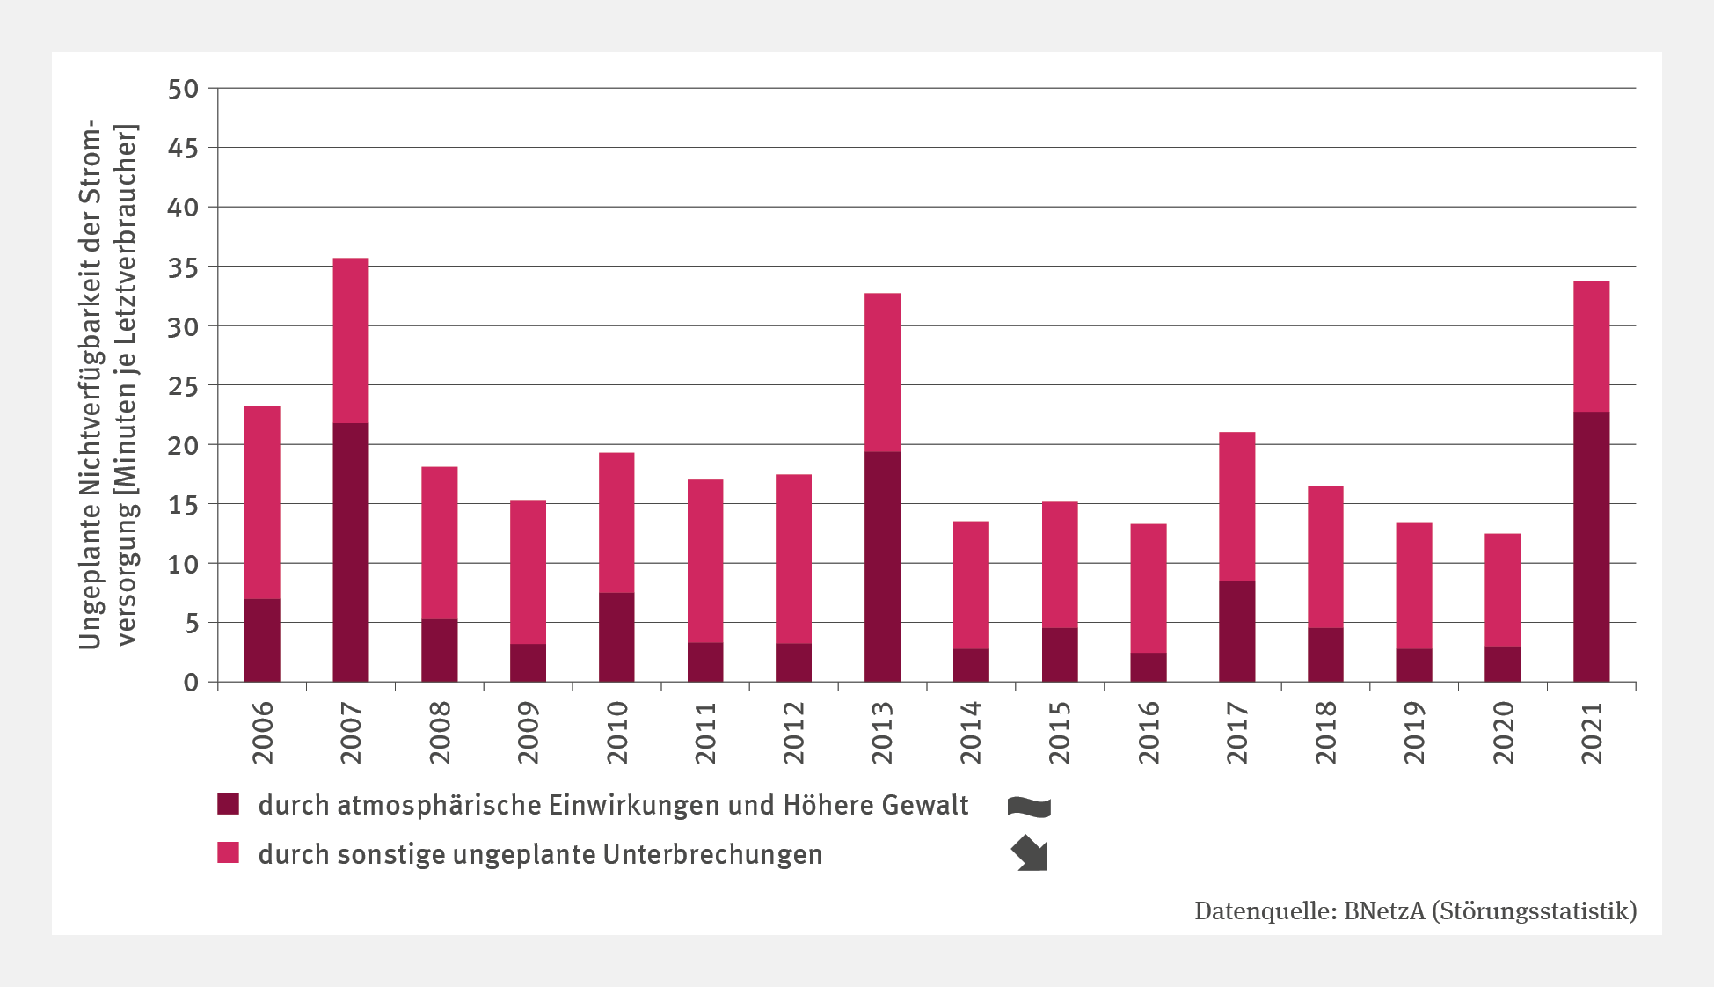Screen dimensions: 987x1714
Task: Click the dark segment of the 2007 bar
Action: [350, 552]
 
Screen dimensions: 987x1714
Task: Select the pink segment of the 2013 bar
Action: [882, 372]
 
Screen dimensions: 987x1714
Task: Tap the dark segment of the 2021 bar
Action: [1591, 546]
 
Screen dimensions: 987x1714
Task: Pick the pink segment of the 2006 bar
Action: [262, 502]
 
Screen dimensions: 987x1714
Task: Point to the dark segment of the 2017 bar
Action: [1236, 631]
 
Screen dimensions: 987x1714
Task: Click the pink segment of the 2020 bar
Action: [1502, 590]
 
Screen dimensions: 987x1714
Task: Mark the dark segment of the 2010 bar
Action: [616, 637]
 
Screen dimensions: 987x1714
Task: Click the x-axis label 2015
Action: [1060, 733]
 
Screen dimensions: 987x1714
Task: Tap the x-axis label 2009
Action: [528, 733]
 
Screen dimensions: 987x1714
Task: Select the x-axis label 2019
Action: [1414, 733]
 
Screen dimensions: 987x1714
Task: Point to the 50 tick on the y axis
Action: [184, 89]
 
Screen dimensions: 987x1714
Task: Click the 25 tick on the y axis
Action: [184, 385]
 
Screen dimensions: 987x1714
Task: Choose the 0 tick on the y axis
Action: [191, 683]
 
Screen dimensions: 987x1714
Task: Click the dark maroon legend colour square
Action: [229, 804]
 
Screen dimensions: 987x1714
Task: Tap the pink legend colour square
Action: [229, 852]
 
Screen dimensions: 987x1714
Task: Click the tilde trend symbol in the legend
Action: [1029, 806]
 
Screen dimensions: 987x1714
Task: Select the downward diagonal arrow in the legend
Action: [1030, 853]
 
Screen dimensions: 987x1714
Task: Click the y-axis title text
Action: [107, 385]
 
